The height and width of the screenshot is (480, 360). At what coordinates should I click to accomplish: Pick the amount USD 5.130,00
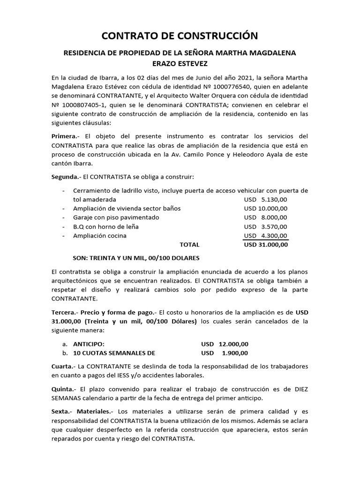click(266, 199)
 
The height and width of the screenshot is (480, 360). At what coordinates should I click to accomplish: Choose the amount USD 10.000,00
click(266, 208)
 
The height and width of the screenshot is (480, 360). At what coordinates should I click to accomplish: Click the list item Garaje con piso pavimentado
click(116, 217)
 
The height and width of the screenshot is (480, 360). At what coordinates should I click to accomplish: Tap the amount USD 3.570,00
click(266, 226)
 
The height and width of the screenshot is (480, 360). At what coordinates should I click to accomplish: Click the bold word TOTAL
click(189, 245)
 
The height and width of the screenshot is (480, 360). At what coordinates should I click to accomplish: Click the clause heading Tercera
click(63, 312)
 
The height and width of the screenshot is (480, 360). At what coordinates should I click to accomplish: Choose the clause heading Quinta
click(62, 389)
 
